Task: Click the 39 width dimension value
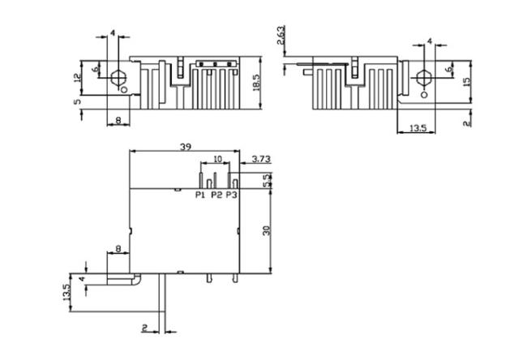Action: (186, 147)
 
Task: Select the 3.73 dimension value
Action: (261, 159)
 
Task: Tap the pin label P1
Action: (200, 195)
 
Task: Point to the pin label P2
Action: (216, 195)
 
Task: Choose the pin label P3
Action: (231, 195)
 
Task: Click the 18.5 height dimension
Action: (256, 83)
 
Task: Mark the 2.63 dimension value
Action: (281, 35)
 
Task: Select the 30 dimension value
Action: (267, 230)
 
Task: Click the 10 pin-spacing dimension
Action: (218, 159)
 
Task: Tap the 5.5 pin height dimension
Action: (268, 181)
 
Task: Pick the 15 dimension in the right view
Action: (466, 82)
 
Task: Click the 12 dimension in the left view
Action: (78, 78)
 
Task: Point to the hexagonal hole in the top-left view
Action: (118, 78)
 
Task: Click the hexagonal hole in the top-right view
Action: (423, 78)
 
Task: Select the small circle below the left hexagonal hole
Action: (124, 89)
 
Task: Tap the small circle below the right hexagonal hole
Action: (424, 95)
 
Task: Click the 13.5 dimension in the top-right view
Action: (418, 128)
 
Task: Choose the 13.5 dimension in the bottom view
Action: (66, 293)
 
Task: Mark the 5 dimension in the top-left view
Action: (78, 101)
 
